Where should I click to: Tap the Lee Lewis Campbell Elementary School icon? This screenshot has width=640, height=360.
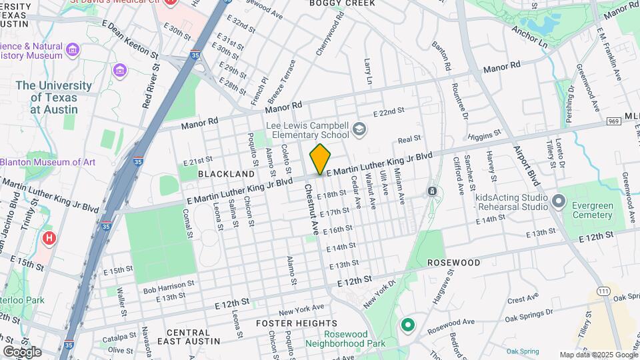360,129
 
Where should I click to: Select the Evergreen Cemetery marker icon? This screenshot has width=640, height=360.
559,201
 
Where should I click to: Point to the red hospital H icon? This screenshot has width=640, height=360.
49,238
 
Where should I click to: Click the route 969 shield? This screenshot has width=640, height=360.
614,121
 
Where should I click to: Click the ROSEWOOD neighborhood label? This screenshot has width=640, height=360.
453,263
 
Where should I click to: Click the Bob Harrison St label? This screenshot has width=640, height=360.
169,287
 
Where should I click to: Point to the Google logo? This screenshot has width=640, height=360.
22,352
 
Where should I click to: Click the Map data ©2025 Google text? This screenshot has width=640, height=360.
598,355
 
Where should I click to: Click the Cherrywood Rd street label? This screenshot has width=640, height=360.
330,33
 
